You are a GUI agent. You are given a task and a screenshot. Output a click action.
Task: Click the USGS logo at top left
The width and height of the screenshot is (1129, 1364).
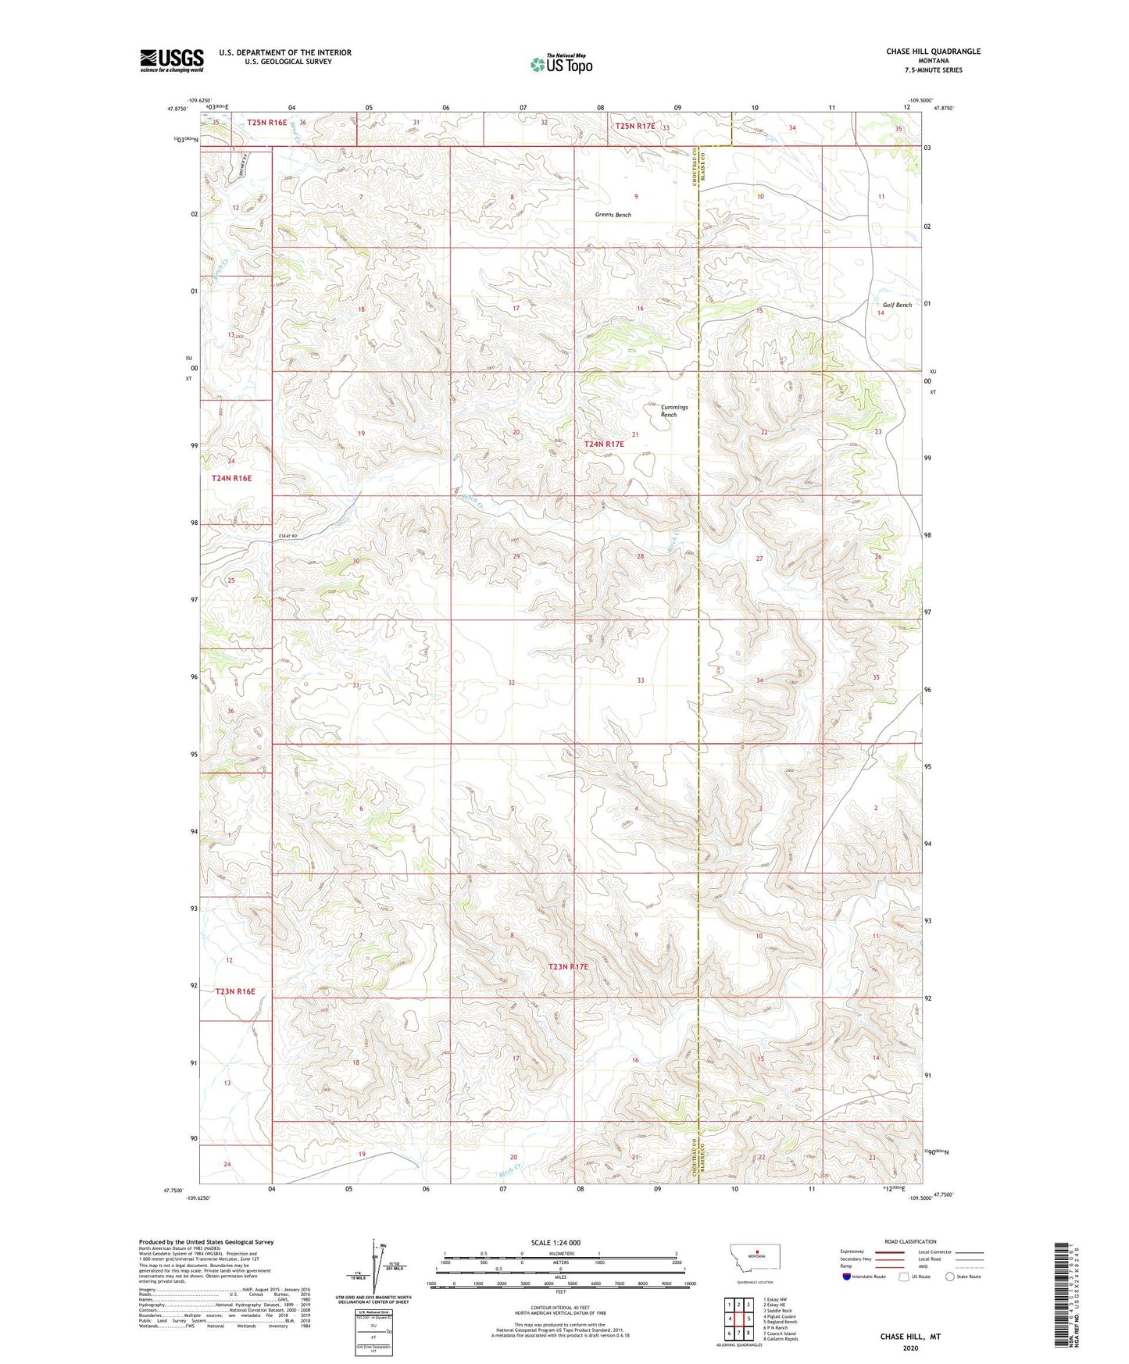[x=172, y=60]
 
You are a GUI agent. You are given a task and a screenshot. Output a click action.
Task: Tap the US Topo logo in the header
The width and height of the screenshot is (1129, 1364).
[x=562, y=64]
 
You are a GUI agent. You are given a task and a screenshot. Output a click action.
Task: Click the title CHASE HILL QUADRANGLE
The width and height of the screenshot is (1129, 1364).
[x=933, y=52]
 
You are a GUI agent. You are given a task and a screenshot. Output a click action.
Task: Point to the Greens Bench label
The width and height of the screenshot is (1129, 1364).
[x=613, y=215]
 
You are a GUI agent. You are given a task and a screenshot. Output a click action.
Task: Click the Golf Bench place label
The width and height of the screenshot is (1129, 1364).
[x=897, y=305]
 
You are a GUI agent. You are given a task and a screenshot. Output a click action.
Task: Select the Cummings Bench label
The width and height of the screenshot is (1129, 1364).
[x=673, y=411]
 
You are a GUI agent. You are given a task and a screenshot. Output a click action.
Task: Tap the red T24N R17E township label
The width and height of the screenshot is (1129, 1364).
[x=604, y=444]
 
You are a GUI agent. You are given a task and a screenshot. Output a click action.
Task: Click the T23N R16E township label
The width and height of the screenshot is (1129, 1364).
[x=235, y=991]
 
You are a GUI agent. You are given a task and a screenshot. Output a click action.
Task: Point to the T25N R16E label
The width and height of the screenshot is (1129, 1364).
[x=267, y=123]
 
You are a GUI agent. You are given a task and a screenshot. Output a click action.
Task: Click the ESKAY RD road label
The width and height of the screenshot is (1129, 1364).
[x=288, y=536]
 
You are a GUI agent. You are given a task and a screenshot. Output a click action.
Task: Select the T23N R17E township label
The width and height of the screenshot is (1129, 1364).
[x=568, y=966]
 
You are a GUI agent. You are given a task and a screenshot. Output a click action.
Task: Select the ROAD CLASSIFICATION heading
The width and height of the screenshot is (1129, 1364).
[x=910, y=1241]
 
